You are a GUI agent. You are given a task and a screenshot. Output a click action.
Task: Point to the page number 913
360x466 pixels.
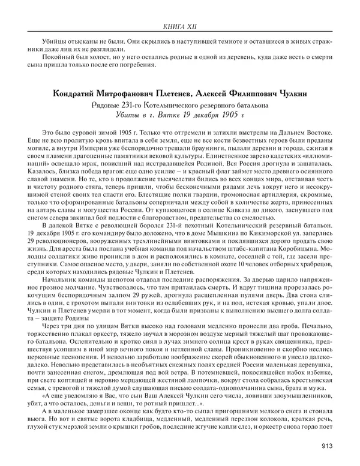[x=327, y=445]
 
